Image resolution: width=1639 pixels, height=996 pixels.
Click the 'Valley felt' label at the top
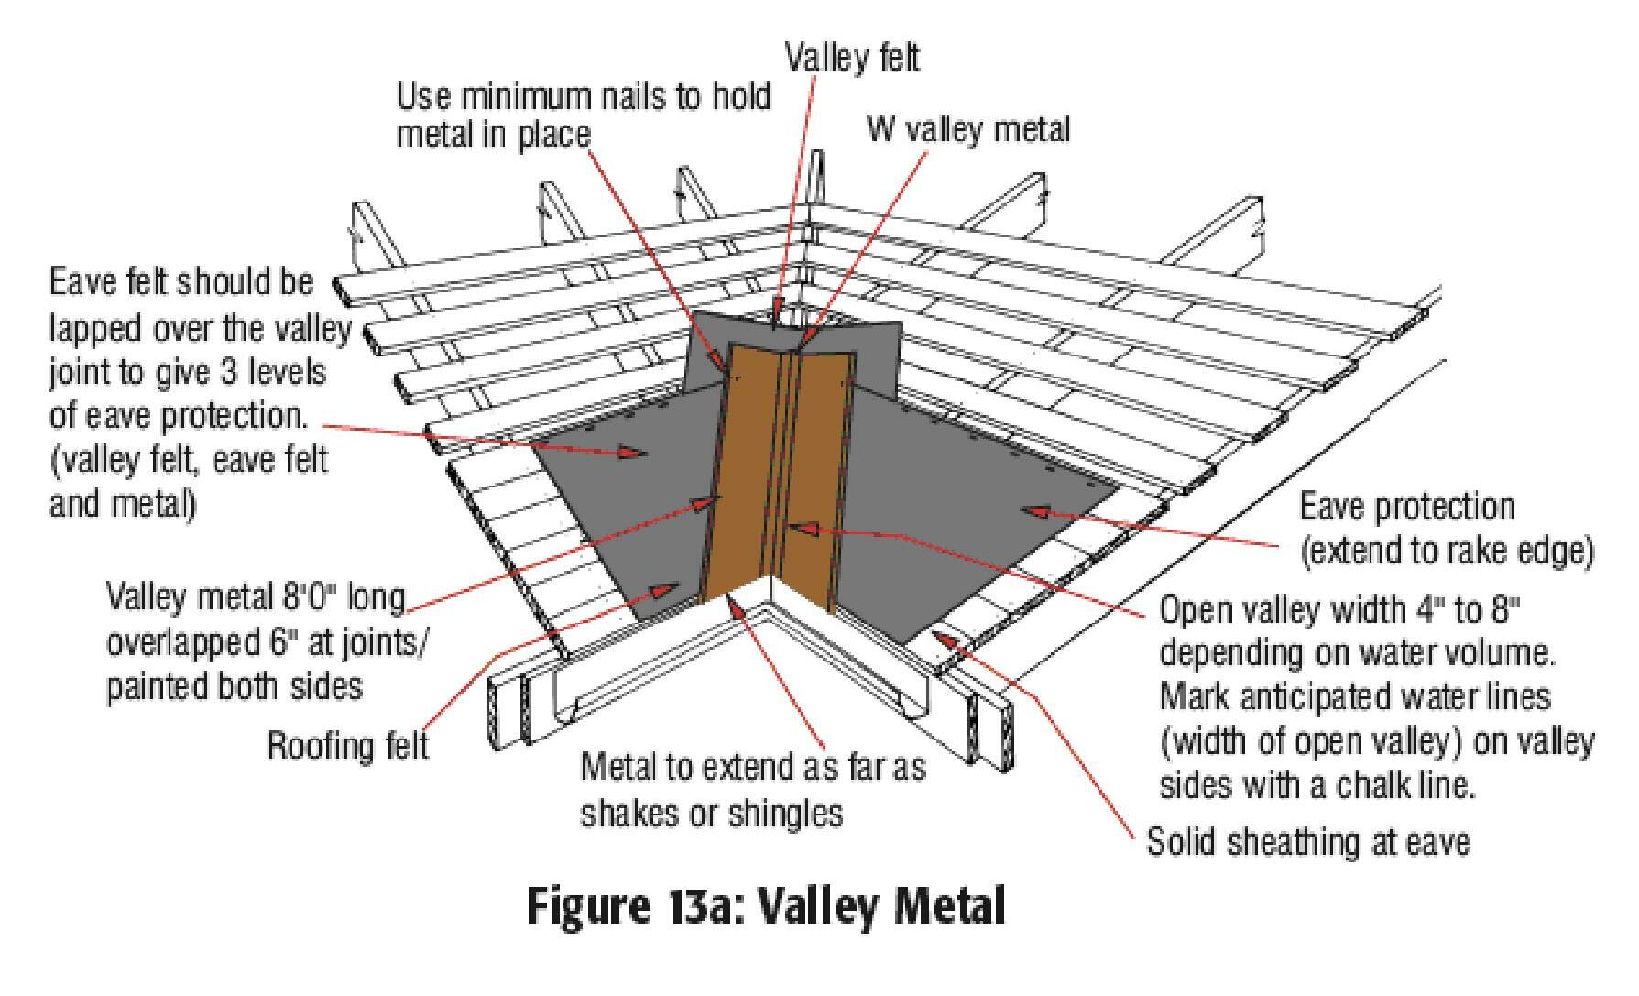coord(851,58)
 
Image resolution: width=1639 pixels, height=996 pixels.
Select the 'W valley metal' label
coord(968,129)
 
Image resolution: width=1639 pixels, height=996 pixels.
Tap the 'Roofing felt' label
coord(347,744)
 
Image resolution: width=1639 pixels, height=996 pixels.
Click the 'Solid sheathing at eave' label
coord(1308,841)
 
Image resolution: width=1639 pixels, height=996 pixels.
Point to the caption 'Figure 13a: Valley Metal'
coord(765,906)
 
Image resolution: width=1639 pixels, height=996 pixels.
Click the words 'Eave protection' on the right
coord(1407,506)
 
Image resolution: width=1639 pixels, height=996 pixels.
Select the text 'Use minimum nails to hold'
coord(584,95)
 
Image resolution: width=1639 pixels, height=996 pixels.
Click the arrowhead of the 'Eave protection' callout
coord(1035,509)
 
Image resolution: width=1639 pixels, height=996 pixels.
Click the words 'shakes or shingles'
coord(712,813)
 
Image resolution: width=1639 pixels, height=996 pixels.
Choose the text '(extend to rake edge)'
coord(1446,551)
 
